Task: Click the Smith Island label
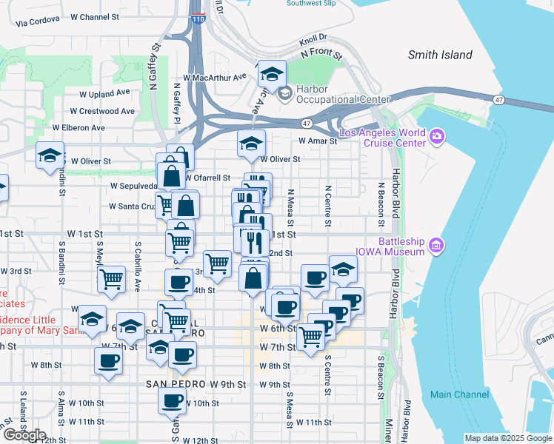point(440,55)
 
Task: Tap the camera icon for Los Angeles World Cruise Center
point(436,135)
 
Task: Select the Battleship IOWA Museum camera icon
point(436,245)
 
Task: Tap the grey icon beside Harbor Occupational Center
point(284,94)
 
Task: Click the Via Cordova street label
point(37,21)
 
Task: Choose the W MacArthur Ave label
point(214,77)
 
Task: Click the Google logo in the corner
point(24,435)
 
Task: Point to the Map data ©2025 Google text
point(508,438)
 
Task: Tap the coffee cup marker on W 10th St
point(173,400)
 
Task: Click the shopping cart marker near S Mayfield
point(111,279)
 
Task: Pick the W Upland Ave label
point(105,94)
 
